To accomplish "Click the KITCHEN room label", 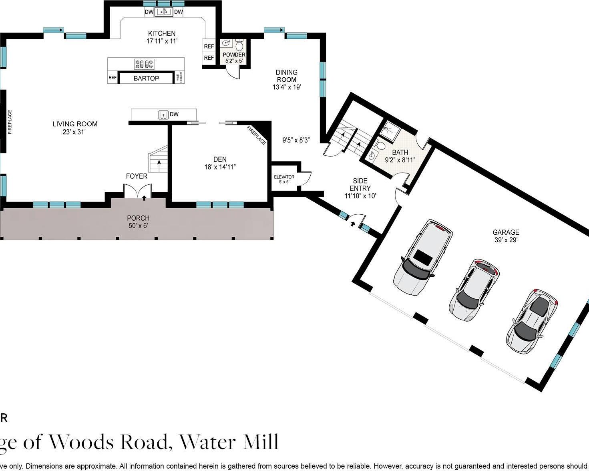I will pyautogui.click(x=162, y=34).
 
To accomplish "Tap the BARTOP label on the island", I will pyautogui.click(x=146, y=78).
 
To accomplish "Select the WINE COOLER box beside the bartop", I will pyautogui.click(x=180, y=78).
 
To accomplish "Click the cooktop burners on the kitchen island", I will pyautogui.click(x=144, y=64).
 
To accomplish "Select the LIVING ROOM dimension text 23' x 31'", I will pyautogui.click(x=74, y=132).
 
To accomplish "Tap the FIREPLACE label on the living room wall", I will pyautogui.click(x=10, y=122).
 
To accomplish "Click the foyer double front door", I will pyautogui.click(x=137, y=191).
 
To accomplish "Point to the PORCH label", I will pyautogui.click(x=138, y=218).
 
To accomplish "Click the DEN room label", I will pyautogui.click(x=220, y=159).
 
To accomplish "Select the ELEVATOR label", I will pyautogui.click(x=284, y=177).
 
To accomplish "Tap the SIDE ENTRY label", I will pyautogui.click(x=360, y=185).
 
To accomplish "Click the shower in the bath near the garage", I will pyautogui.click(x=388, y=131).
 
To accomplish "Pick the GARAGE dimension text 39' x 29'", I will pyautogui.click(x=506, y=240).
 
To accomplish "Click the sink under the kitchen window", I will pyautogui.click(x=163, y=12).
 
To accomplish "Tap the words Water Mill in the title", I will pyautogui.click(x=229, y=442).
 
